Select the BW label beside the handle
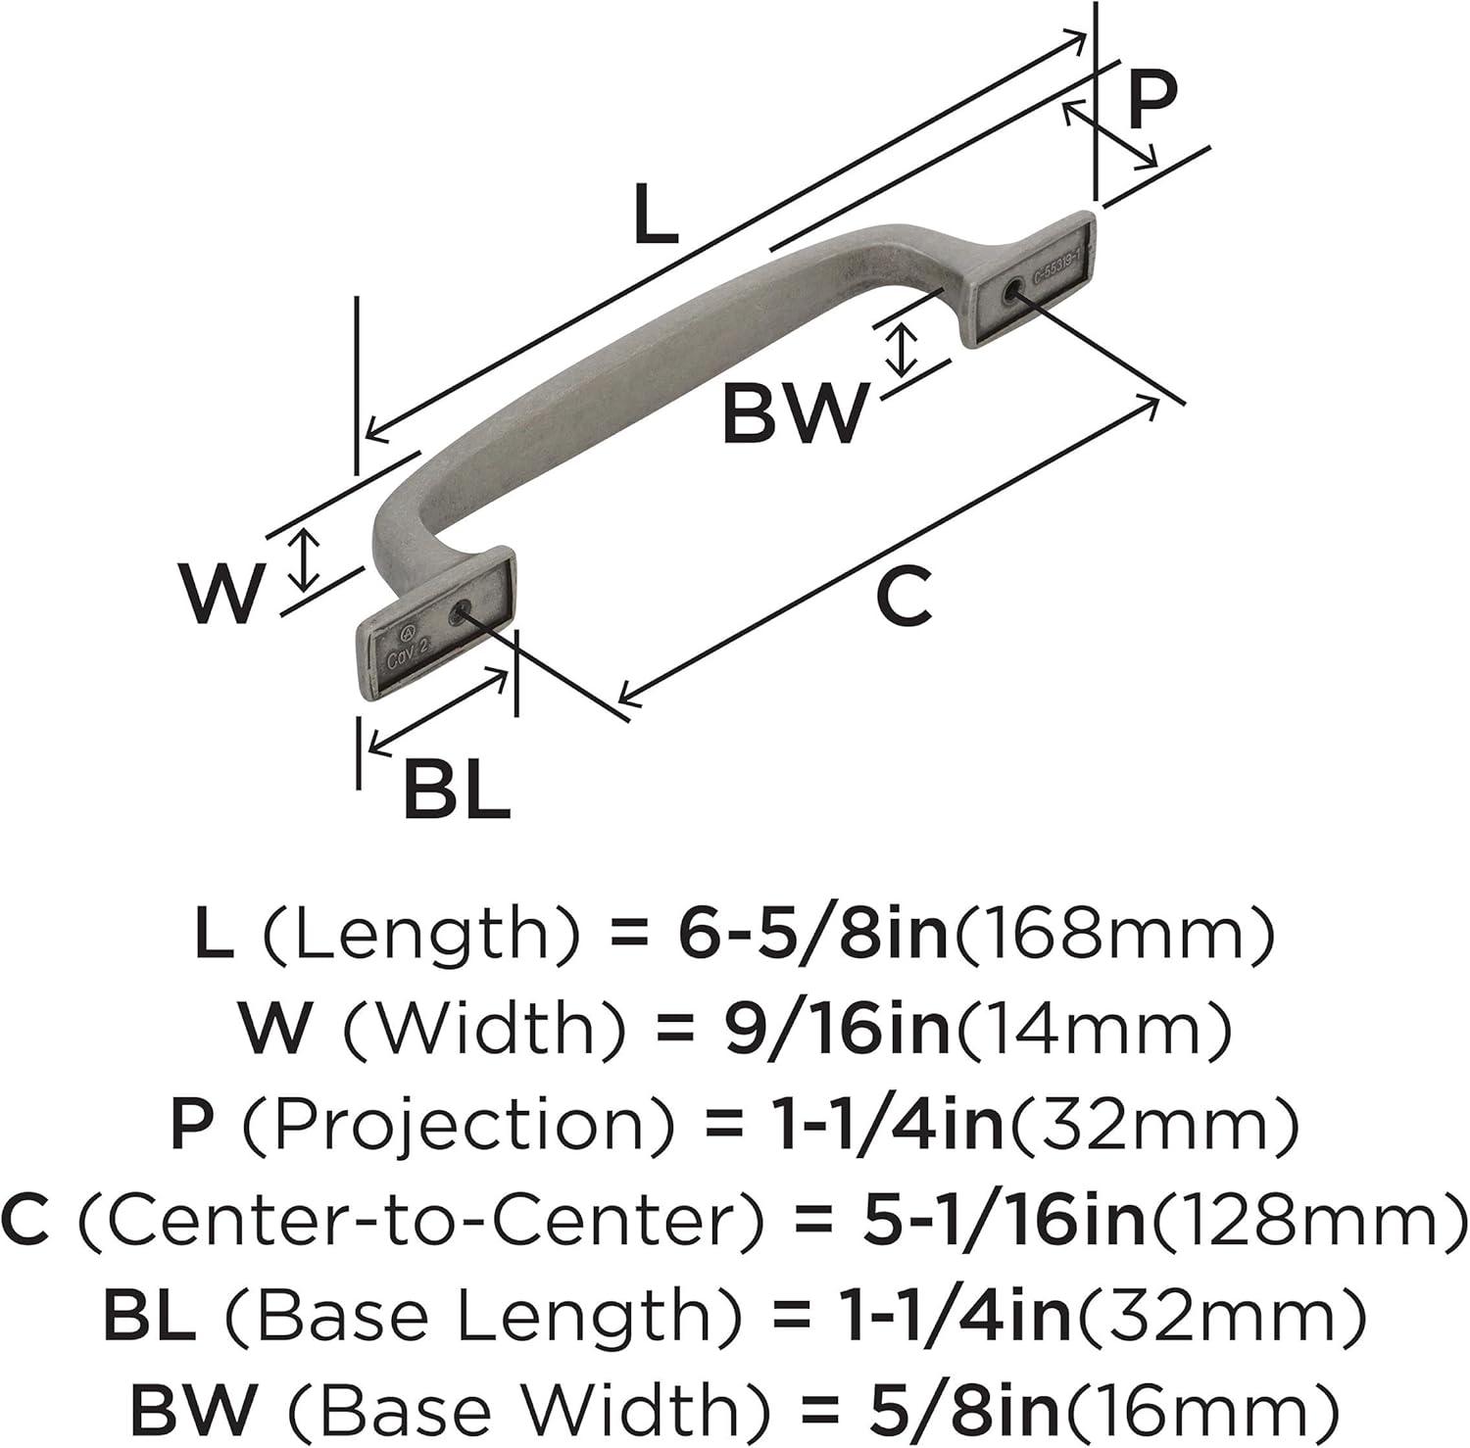pos(796,412)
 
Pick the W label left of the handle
pos(223,592)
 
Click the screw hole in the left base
pos(459,614)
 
